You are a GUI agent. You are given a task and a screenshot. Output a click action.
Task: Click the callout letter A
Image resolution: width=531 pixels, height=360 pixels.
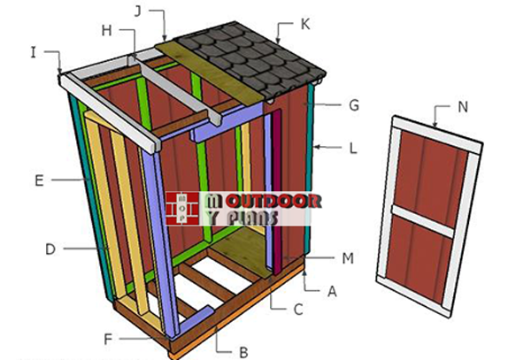[332, 291]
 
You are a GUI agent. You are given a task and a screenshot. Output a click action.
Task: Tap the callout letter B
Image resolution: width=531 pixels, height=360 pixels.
[243, 352]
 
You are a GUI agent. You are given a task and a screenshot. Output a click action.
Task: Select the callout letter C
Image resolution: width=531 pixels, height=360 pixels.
[298, 310]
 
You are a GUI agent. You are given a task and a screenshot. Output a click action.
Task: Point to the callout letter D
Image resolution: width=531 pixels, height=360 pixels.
[50, 249]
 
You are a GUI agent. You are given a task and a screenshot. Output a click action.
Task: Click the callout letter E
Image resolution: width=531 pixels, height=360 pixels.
[39, 180]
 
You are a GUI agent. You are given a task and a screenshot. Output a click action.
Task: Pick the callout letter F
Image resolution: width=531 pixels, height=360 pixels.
[108, 339]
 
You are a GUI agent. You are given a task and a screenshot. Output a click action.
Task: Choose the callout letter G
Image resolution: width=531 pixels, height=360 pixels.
[354, 105]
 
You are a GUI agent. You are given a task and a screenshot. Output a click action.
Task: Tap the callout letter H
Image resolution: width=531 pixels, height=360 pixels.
[107, 31]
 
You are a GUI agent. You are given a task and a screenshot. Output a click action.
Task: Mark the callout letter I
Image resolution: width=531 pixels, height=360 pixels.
[34, 52]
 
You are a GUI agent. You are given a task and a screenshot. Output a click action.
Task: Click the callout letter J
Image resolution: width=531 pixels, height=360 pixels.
[137, 11]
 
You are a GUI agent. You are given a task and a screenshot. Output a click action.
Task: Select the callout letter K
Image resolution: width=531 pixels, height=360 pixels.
[305, 25]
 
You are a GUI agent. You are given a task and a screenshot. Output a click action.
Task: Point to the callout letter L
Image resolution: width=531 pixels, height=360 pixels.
[353, 149]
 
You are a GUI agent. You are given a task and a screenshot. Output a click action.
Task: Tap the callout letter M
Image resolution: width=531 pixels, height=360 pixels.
[348, 258]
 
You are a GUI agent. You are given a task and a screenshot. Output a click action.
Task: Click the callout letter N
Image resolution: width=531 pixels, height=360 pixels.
[463, 107]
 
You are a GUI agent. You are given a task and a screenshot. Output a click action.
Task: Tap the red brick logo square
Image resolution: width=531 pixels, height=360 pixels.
[182, 209]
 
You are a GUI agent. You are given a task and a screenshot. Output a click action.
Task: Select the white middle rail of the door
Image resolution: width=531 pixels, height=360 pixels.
[423, 222]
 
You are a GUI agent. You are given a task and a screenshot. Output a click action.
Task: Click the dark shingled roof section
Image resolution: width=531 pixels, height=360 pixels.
[250, 61]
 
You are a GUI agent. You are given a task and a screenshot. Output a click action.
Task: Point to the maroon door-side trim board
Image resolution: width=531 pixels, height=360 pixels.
[278, 192]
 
